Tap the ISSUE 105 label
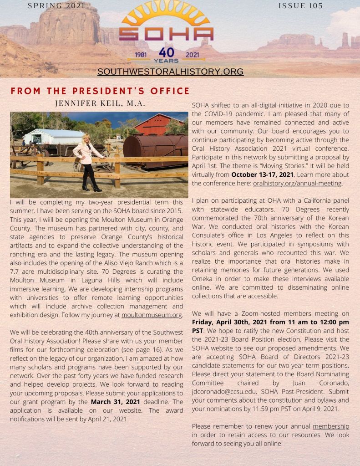click(x=300, y=6)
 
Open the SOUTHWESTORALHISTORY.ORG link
click(x=170, y=72)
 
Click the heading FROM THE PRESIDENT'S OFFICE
click(x=100, y=91)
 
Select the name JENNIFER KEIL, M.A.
click(x=100, y=103)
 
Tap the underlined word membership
click(x=331, y=426)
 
